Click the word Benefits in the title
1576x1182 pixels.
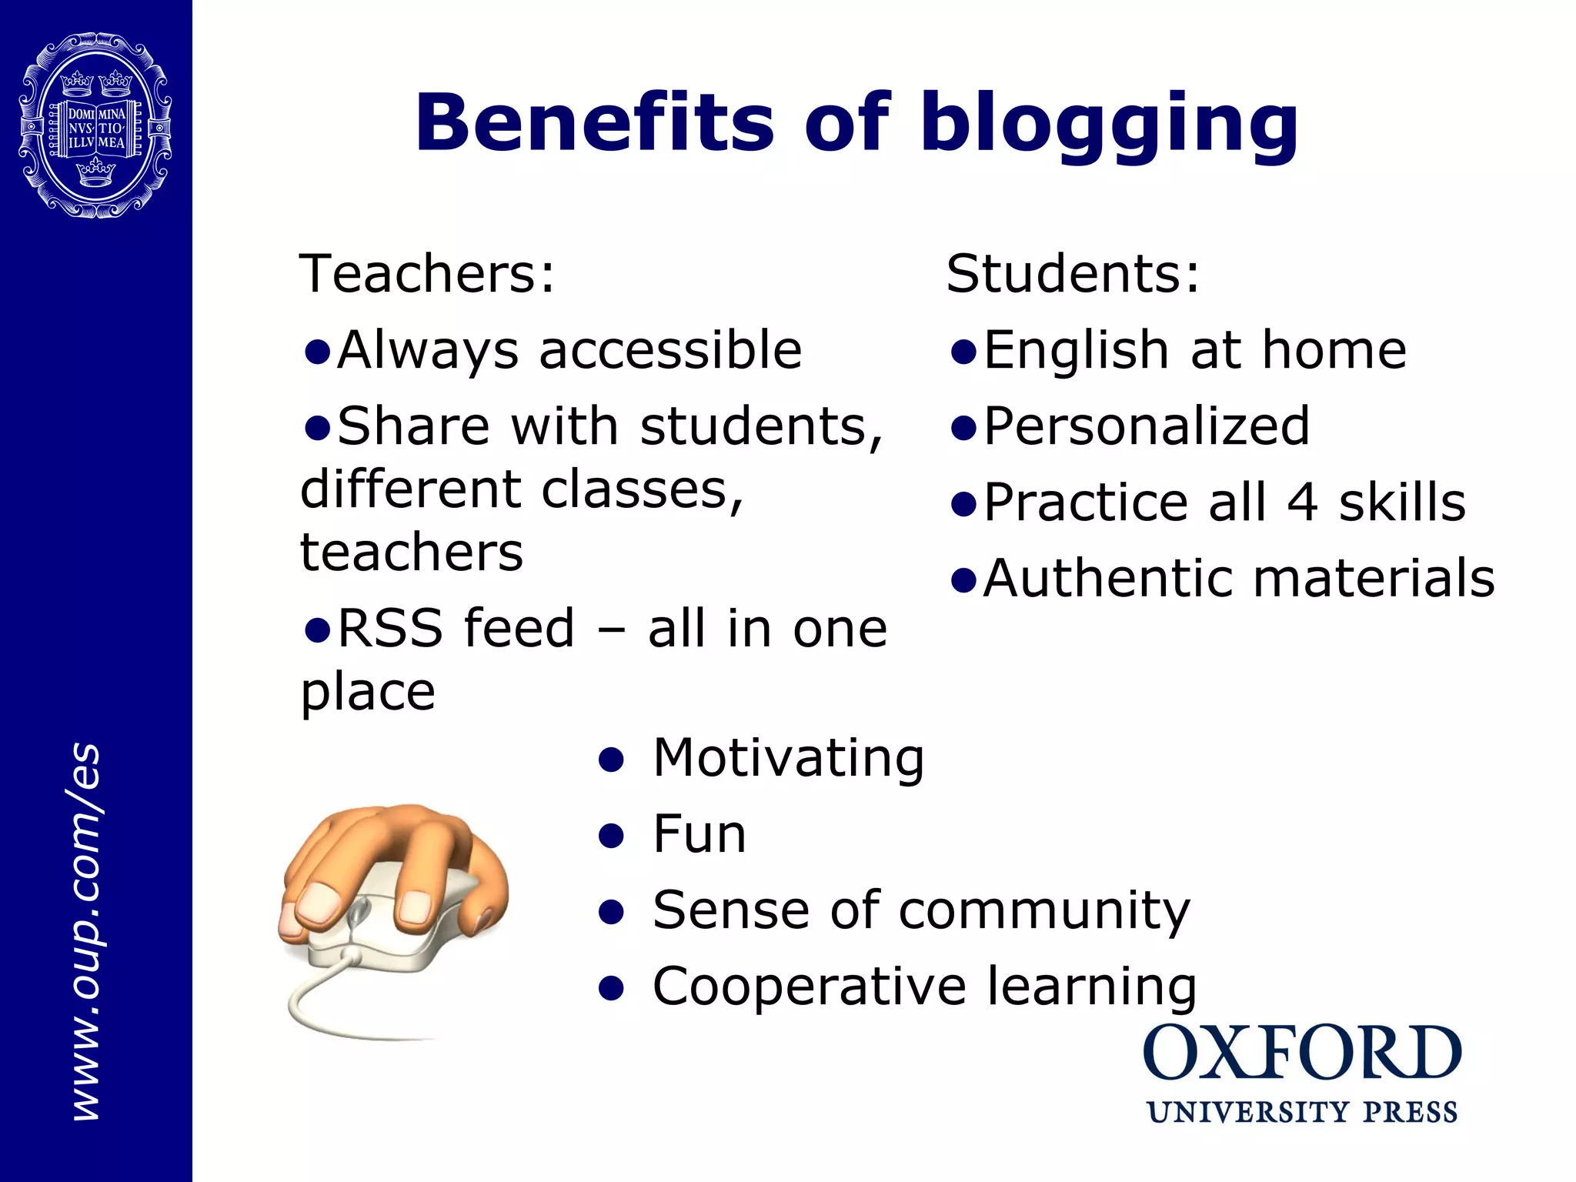[x=594, y=123]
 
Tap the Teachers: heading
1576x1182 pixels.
[x=426, y=273]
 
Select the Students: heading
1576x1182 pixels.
[x=1073, y=273]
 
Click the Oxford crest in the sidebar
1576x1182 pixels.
[x=95, y=125]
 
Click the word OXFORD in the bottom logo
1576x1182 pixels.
[x=1302, y=1053]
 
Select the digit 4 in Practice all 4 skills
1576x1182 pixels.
[x=1302, y=503]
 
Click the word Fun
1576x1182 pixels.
[x=699, y=834]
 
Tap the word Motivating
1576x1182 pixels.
[x=788, y=759]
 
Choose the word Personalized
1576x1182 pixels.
[x=1147, y=426]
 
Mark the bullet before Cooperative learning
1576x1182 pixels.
[x=611, y=988]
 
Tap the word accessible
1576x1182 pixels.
[x=670, y=351]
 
